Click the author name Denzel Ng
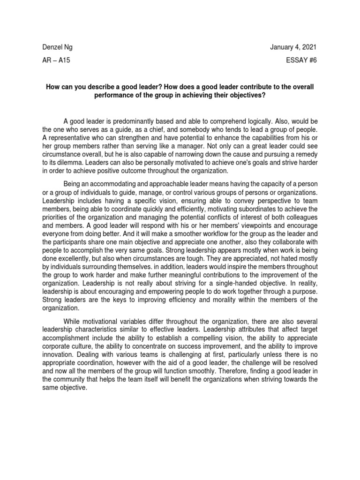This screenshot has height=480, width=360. pos(58,47)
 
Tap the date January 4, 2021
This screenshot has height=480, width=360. pos(294,47)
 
